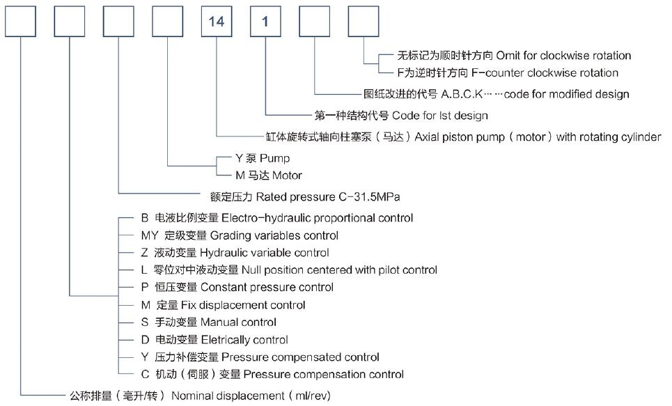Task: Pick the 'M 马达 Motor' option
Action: [268, 175]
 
